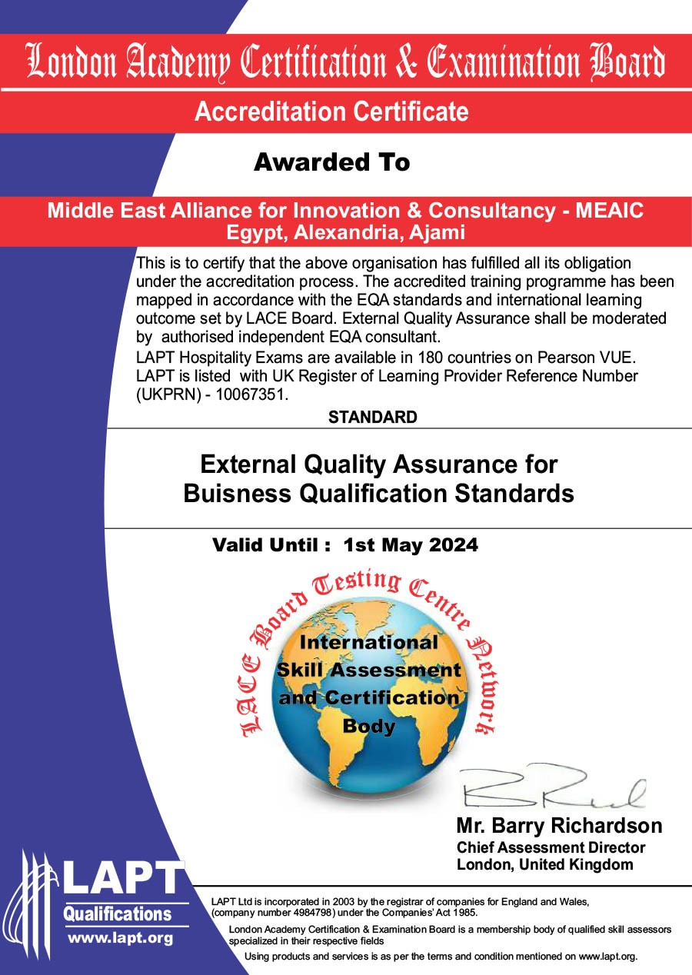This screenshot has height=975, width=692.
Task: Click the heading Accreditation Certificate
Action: (x=331, y=111)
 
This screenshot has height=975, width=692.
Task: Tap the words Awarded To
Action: (x=331, y=162)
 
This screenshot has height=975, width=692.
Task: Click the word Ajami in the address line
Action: (x=438, y=231)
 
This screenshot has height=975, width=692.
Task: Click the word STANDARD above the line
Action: (x=372, y=418)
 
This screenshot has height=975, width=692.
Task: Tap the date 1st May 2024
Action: (x=411, y=545)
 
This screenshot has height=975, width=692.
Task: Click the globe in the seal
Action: (x=369, y=738)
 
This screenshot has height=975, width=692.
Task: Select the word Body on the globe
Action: (x=369, y=726)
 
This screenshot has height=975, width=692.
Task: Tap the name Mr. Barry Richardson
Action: (x=559, y=827)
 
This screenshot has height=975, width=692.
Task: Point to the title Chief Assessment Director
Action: (x=551, y=847)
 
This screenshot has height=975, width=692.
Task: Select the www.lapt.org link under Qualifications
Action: (x=120, y=938)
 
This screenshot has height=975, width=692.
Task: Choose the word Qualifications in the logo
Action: (x=117, y=914)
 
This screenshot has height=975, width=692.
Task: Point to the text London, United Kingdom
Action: (x=544, y=864)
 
